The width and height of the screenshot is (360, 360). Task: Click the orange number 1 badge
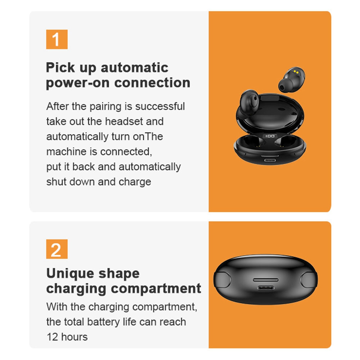(x=57, y=39)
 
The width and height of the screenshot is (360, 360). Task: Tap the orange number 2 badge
(x=57, y=249)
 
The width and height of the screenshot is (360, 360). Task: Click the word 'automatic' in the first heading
(x=135, y=68)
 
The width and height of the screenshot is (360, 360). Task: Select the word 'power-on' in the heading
(x=78, y=83)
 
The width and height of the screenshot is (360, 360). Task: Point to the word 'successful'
(x=160, y=106)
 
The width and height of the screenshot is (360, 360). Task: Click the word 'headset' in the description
(x=124, y=121)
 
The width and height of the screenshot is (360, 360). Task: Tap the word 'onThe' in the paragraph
(x=148, y=136)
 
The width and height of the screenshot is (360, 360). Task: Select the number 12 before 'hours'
(x=52, y=337)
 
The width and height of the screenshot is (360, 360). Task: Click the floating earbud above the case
(x=292, y=80)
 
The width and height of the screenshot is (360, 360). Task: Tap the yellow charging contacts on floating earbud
(x=296, y=72)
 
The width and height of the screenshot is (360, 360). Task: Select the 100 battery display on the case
(x=270, y=136)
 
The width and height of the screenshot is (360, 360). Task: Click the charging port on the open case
(x=270, y=160)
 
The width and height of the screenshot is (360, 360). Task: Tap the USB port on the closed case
(x=266, y=288)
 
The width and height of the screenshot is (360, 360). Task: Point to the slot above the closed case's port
(x=266, y=280)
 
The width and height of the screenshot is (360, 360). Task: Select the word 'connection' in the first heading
(x=152, y=83)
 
